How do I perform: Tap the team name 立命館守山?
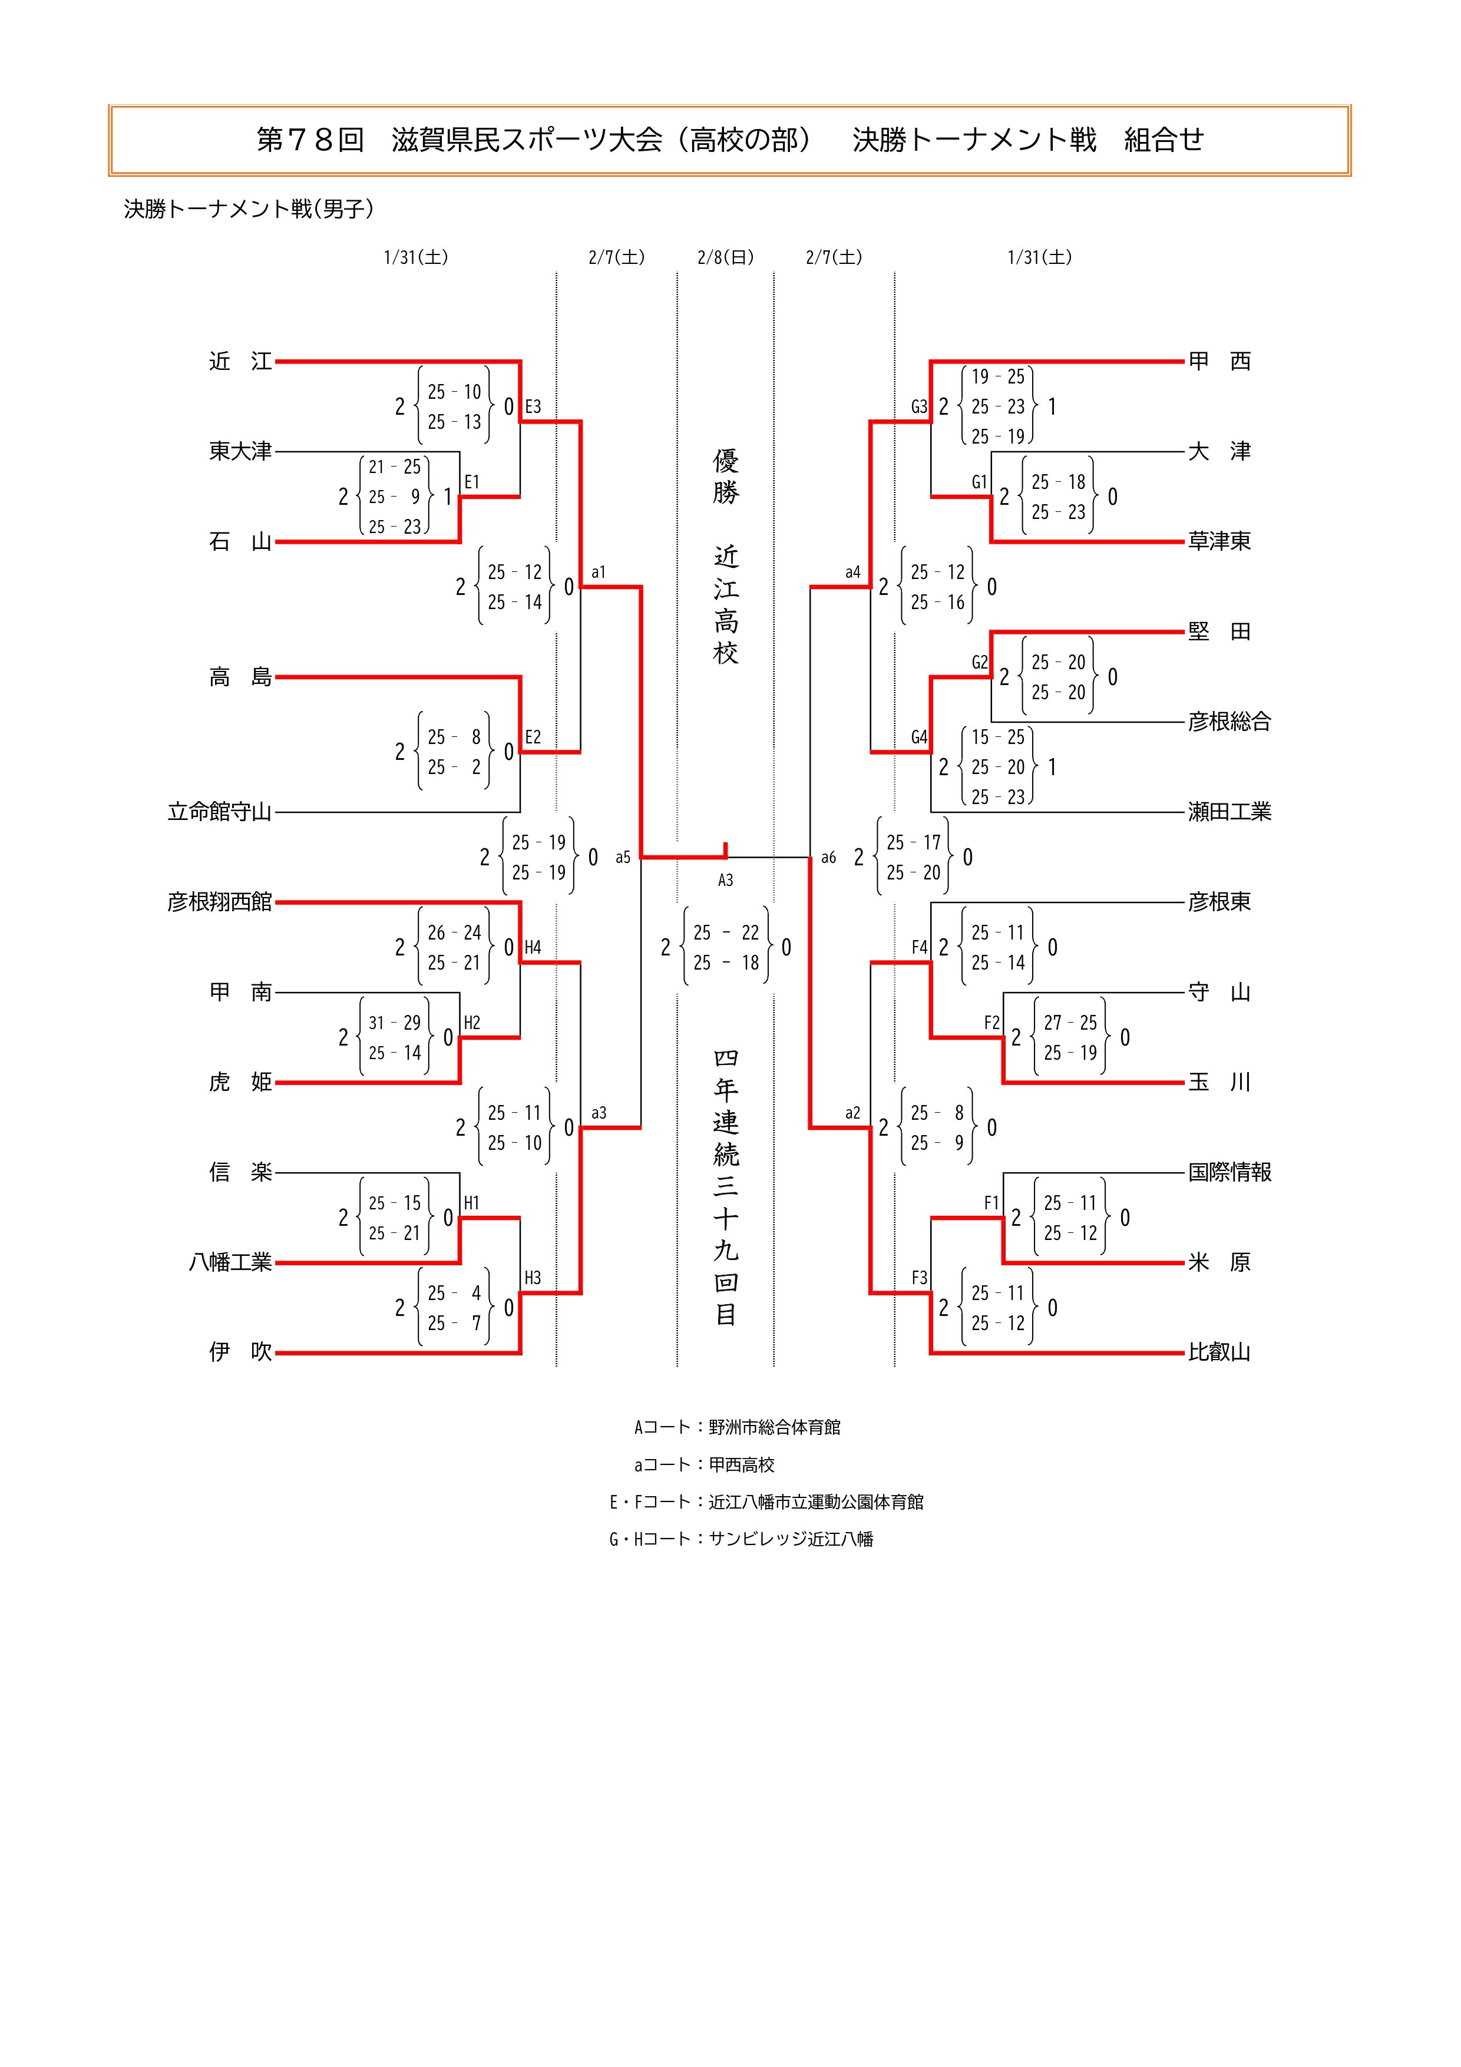pos(220,812)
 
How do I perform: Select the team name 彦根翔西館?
pos(220,902)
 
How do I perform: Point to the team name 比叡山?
pos(1219,1352)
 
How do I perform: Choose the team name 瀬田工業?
pos(1229,812)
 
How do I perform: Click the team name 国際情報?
pos(1229,1172)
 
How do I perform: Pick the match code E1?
pos(472,482)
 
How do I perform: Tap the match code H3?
pos(533,1278)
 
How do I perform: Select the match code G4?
pos(918,737)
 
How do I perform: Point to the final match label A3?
pos(726,881)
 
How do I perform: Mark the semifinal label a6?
pos(828,858)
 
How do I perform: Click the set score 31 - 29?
pos(394,1023)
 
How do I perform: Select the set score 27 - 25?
pos(1070,1023)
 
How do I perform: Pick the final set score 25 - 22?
pos(726,932)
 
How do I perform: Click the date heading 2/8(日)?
pos(726,257)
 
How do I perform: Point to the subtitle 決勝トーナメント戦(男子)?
pos(249,209)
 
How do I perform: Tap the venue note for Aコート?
pos(737,1427)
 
